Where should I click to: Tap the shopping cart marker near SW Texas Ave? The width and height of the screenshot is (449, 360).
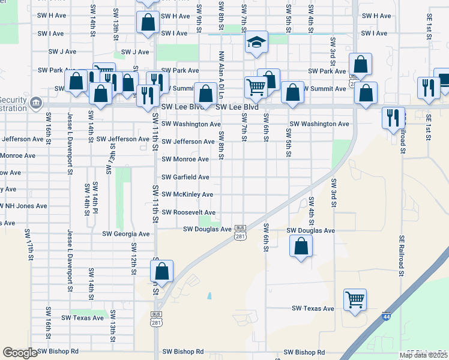[x=355, y=299]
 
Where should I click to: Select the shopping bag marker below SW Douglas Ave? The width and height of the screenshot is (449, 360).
[x=301, y=246]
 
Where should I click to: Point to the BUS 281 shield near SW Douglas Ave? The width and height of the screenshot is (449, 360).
[x=240, y=232]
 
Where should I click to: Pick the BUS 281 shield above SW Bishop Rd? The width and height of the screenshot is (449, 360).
[x=155, y=319]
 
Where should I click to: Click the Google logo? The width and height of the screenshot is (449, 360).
[x=20, y=353]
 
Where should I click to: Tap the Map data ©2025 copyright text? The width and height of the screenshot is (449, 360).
[x=423, y=355]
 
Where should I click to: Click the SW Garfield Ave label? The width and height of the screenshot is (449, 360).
[x=185, y=177]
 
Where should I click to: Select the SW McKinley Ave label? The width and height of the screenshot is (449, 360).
[x=187, y=194]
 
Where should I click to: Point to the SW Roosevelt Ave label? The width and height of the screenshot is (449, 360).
[x=188, y=212]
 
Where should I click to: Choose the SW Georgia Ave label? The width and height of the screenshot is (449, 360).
[x=125, y=234]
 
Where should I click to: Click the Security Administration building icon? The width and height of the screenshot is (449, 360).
[x=36, y=103]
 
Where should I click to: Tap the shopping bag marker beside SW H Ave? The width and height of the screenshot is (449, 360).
[x=148, y=22]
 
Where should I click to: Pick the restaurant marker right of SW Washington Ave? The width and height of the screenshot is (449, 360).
[x=393, y=117]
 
